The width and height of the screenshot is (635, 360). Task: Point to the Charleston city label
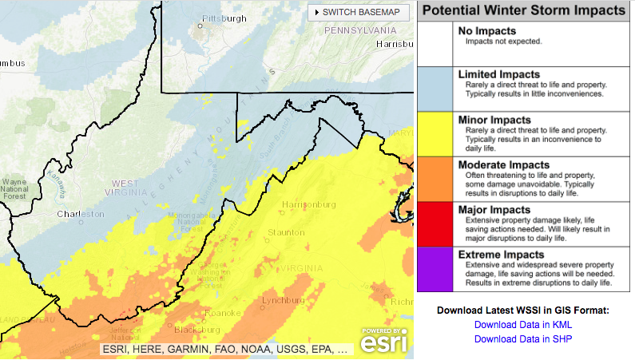80,215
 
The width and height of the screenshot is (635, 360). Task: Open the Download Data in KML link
523,325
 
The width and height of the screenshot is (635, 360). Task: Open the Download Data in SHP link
523,338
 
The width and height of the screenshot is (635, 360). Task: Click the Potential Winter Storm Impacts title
523,10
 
